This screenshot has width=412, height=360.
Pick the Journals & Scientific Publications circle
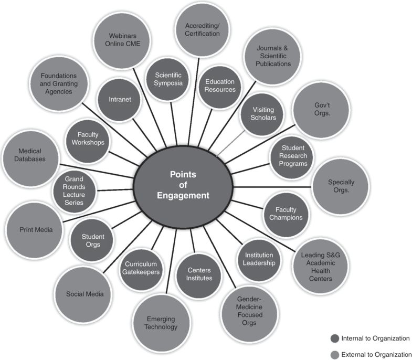(x=273, y=56)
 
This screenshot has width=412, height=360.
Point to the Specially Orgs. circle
(x=341, y=186)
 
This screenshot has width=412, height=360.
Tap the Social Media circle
(x=84, y=294)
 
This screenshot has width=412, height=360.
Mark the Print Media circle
(x=33, y=229)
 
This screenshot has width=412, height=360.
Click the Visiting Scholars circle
(x=260, y=114)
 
